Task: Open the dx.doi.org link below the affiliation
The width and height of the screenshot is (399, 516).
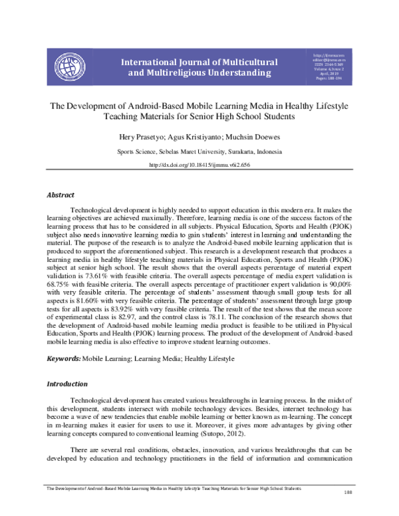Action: pos(199,165)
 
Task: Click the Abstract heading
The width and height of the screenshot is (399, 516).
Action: pos(61,195)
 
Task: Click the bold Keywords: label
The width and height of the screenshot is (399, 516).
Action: pos(63,359)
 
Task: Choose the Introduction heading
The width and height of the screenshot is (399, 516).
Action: pos(66,384)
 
